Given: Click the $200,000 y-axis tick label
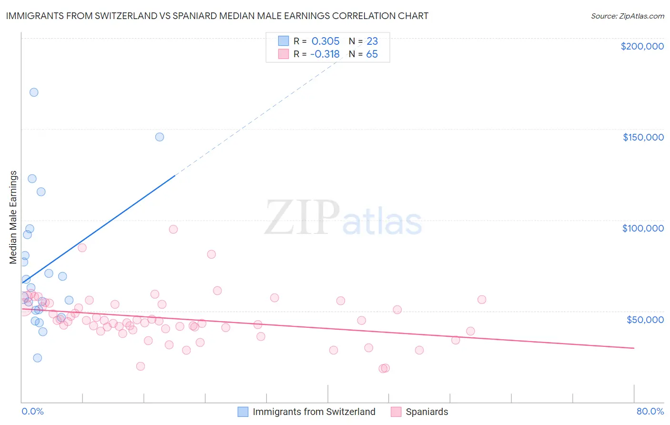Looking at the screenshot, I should click(642, 46).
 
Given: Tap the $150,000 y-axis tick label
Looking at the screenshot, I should click(643, 137).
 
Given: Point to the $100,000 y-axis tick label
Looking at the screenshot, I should click(643, 228).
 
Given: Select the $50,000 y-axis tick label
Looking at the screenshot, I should click(645, 319).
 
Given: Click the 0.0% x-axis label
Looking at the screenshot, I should click(32, 412).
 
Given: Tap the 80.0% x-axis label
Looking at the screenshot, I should click(650, 412).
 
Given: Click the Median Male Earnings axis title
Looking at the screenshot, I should click(13, 217).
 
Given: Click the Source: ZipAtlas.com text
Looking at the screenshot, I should click(627, 16).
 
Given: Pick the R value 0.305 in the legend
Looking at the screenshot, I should click(325, 41).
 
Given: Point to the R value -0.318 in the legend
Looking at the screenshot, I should click(325, 54).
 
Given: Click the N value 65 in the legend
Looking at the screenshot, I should click(372, 54).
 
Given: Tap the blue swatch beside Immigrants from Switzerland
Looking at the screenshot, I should click(243, 412).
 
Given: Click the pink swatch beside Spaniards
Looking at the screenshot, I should click(396, 412).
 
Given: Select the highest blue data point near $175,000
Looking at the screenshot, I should click(34, 92).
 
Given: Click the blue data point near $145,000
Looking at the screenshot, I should click(160, 137).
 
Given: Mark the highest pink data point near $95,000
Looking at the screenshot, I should click(173, 229).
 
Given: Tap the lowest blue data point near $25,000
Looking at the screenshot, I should click(37, 358).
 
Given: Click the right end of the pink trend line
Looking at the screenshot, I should click(634, 348).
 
